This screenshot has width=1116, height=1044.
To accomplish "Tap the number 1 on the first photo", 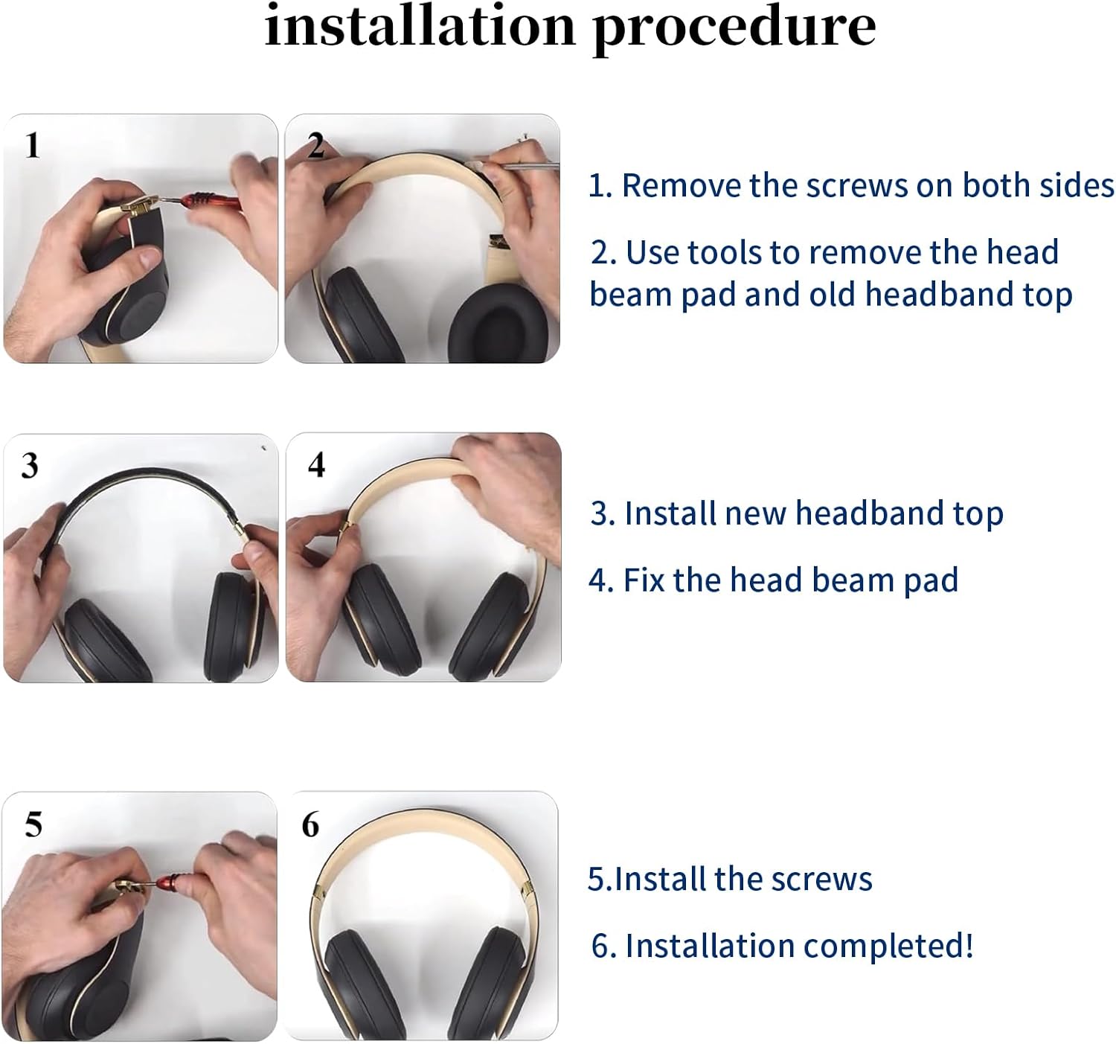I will (x=32, y=145).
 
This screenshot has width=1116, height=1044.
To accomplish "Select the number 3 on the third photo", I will (x=30, y=466).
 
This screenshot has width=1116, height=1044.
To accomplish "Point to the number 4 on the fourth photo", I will (x=316, y=465).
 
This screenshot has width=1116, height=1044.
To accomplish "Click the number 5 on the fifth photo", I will (x=33, y=824).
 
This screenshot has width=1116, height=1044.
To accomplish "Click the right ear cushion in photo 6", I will (x=499, y=982).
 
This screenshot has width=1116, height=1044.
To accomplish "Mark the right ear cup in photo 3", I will (x=237, y=625).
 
